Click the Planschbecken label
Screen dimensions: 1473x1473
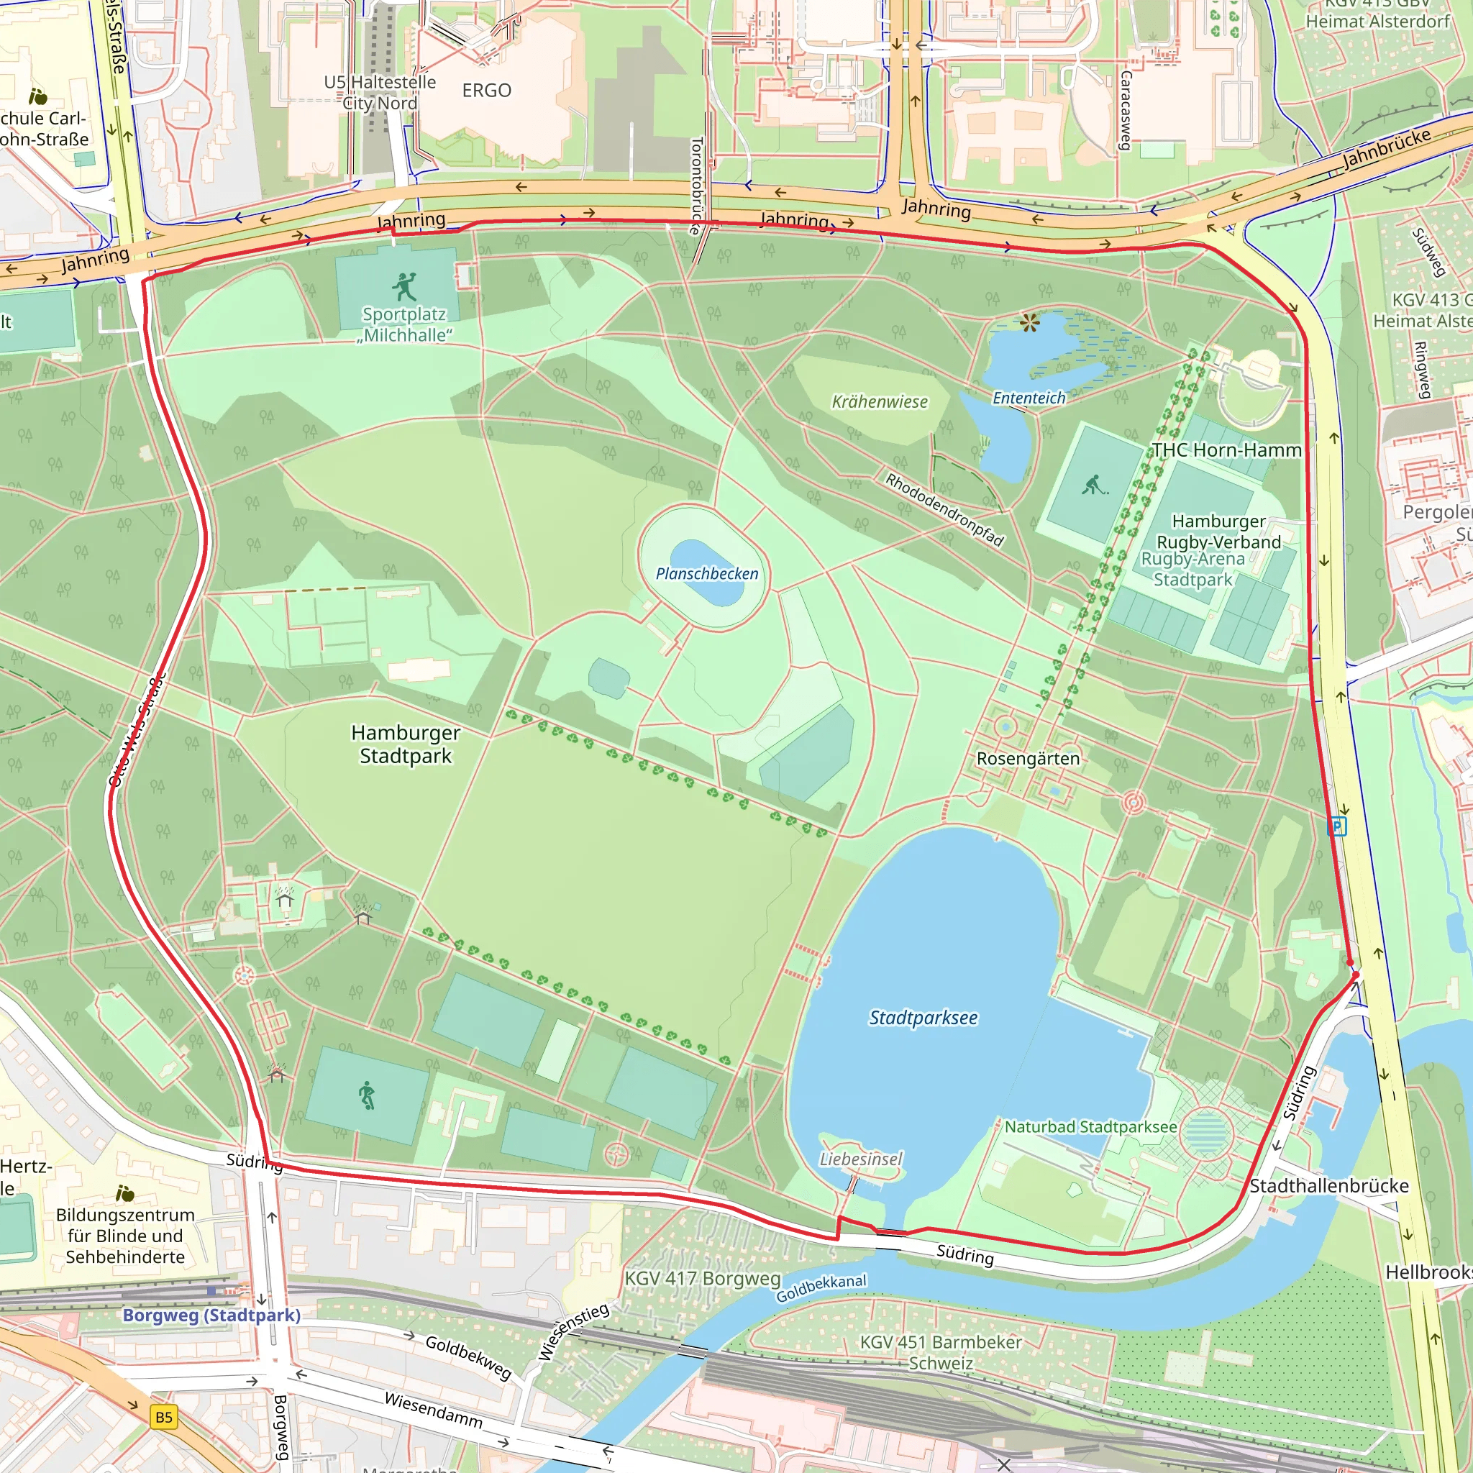click(x=707, y=573)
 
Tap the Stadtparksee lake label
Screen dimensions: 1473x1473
click(x=923, y=1018)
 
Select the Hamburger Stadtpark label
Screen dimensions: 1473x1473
click(x=405, y=744)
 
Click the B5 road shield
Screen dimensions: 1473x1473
click(x=164, y=1418)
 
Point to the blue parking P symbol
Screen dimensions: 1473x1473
click(x=1336, y=826)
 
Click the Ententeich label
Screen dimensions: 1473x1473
click(x=1029, y=398)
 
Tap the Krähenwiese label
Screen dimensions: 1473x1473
click(x=879, y=402)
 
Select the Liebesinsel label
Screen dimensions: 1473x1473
click(x=861, y=1159)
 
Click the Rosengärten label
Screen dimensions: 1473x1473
click(x=1028, y=759)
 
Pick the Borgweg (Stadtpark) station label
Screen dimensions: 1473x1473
click(x=211, y=1315)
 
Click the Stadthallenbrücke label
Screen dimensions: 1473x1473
click(x=1329, y=1185)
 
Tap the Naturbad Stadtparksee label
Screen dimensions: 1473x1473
click(x=1090, y=1127)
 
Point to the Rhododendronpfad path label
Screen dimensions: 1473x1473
click(x=944, y=509)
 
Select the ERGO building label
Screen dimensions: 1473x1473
click(x=486, y=91)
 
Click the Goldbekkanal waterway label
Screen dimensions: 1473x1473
click(x=821, y=1287)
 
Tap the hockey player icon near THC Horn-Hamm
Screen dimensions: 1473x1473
click(x=1093, y=485)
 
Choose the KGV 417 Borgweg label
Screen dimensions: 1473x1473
click(x=702, y=1279)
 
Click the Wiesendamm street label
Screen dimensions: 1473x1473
click(x=433, y=1410)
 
